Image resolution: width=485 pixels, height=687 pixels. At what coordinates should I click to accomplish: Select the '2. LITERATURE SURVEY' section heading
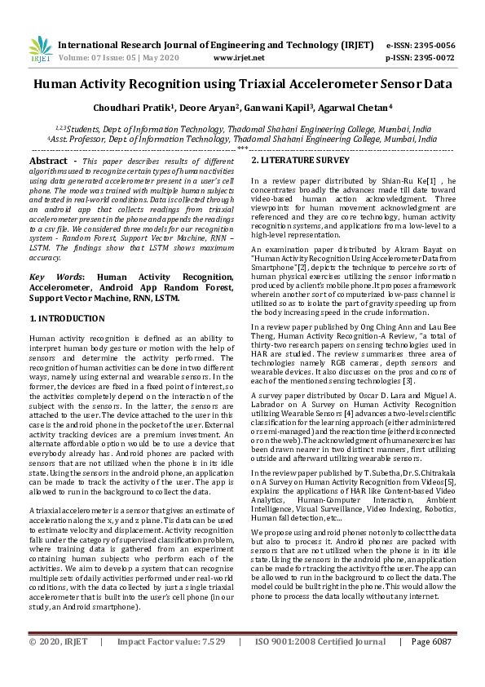pyautogui.click(x=300, y=161)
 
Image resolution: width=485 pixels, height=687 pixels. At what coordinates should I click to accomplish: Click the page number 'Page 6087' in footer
pyautogui.click(x=432, y=664)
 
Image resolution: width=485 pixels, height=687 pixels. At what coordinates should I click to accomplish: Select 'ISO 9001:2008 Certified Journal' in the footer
pyautogui.click(x=320, y=664)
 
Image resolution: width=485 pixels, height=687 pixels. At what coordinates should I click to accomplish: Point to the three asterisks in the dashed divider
pyautogui.click(x=242, y=149)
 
